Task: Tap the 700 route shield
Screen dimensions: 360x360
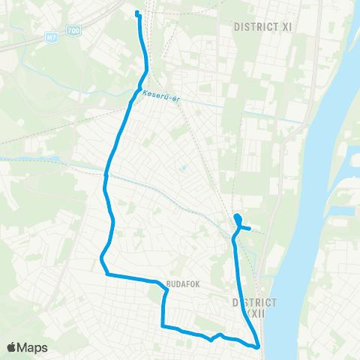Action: click(x=72, y=29)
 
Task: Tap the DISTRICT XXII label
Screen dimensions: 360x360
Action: click(x=254, y=307)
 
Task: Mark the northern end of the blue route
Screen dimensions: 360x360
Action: click(x=136, y=13)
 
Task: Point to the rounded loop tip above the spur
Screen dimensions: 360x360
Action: click(x=237, y=217)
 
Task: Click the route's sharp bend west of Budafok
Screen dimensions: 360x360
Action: click(x=101, y=260)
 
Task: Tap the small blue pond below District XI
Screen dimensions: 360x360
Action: click(x=183, y=169)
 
